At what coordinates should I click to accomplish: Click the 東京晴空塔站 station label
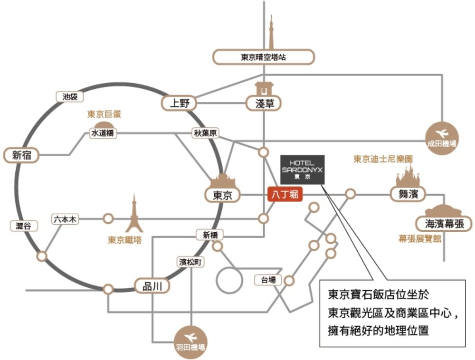pyautogui.click(x=263, y=57)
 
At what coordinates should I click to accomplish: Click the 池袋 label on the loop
pyautogui.click(x=69, y=96)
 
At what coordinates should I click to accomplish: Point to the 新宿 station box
pyautogui.click(x=21, y=154)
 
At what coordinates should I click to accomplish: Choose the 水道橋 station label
pyautogui.click(x=103, y=133)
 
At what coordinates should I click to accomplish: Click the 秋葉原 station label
pyautogui.click(x=205, y=133)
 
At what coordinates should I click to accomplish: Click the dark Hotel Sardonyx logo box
pyautogui.click(x=302, y=169)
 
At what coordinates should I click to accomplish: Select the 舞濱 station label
pyautogui.click(x=408, y=193)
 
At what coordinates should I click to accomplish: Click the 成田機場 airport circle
pyautogui.click(x=441, y=136)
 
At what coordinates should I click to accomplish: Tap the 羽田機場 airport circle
pyautogui.click(x=190, y=341)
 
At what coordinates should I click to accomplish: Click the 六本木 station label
pyautogui.click(x=66, y=219)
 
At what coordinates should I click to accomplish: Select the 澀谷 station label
pyautogui.click(x=23, y=226)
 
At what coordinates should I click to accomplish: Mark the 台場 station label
pyautogui.click(x=268, y=280)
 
